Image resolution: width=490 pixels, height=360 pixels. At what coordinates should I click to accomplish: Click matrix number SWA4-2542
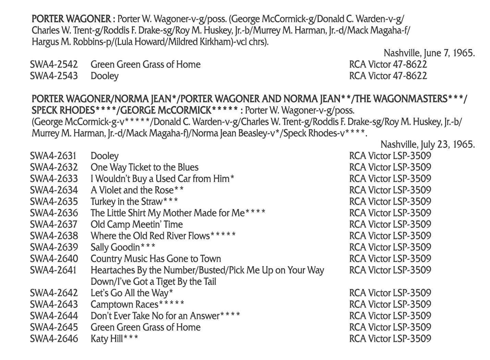pyautogui.click(x=53, y=64)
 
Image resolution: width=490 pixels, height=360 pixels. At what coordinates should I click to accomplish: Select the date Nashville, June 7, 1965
pyautogui.click(x=429, y=53)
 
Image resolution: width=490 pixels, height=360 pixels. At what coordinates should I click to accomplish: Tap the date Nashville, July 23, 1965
pyautogui.click(x=427, y=144)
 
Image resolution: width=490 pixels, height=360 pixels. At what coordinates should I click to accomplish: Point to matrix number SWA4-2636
pyautogui.click(x=54, y=213)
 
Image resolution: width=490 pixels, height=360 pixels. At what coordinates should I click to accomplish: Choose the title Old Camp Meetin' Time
pyautogui.click(x=136, y=225)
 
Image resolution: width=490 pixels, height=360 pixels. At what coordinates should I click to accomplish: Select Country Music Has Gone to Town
pyautogui.click(x=156, y=259)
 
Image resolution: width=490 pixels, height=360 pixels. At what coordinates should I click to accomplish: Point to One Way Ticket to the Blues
pyautogui.click(x=144, y=167)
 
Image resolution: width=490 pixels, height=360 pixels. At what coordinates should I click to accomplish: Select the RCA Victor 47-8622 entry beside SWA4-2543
pyautogui.click(x=388, y=76)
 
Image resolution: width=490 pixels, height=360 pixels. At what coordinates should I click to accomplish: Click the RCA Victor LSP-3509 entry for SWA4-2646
pyautogui.click(x=390, y=339)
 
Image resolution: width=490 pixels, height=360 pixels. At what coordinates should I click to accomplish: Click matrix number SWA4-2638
pyautogui.click(x=54, y=236)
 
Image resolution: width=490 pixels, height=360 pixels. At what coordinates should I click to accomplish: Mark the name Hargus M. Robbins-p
pyautogui.click(x=64, y=42)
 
